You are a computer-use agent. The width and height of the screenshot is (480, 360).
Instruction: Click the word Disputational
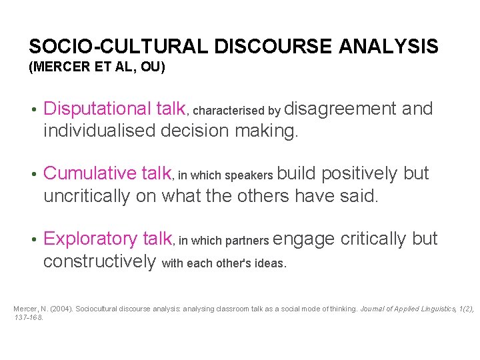pos(97,109)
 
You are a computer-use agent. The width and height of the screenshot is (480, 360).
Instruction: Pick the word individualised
pos(99,131)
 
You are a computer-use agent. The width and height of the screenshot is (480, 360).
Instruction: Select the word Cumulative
pos(90,173)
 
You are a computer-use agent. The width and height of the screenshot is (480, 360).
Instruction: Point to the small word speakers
pos(249,176)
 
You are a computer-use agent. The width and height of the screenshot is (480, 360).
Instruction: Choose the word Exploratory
pos(90,239)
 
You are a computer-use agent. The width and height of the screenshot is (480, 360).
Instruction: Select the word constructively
pos(99,261)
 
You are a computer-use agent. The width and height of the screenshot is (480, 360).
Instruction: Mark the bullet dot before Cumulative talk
pos(33,174)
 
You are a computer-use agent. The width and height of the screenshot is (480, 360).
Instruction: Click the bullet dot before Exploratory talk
pos(33,239)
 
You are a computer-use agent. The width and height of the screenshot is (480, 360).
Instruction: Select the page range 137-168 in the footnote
pos(28,317)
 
